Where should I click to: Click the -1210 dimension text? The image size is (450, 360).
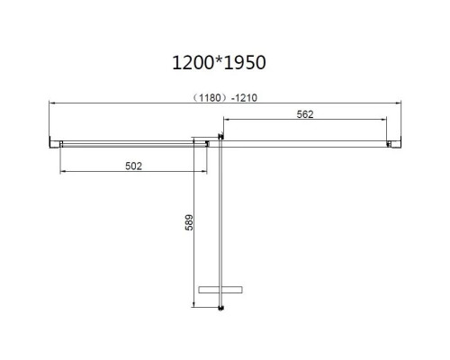[246, 97]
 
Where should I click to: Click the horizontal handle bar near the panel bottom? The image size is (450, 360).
[220, 289]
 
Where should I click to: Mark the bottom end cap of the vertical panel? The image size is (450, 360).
[220, 310]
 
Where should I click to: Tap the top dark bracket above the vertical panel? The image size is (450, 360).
[218, 136]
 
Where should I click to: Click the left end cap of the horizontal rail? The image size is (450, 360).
[52, 141]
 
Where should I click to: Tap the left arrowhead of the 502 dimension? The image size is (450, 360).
[61, 172]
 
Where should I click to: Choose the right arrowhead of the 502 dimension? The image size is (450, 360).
[206, 172]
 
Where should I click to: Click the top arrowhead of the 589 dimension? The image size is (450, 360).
[194, 143]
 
